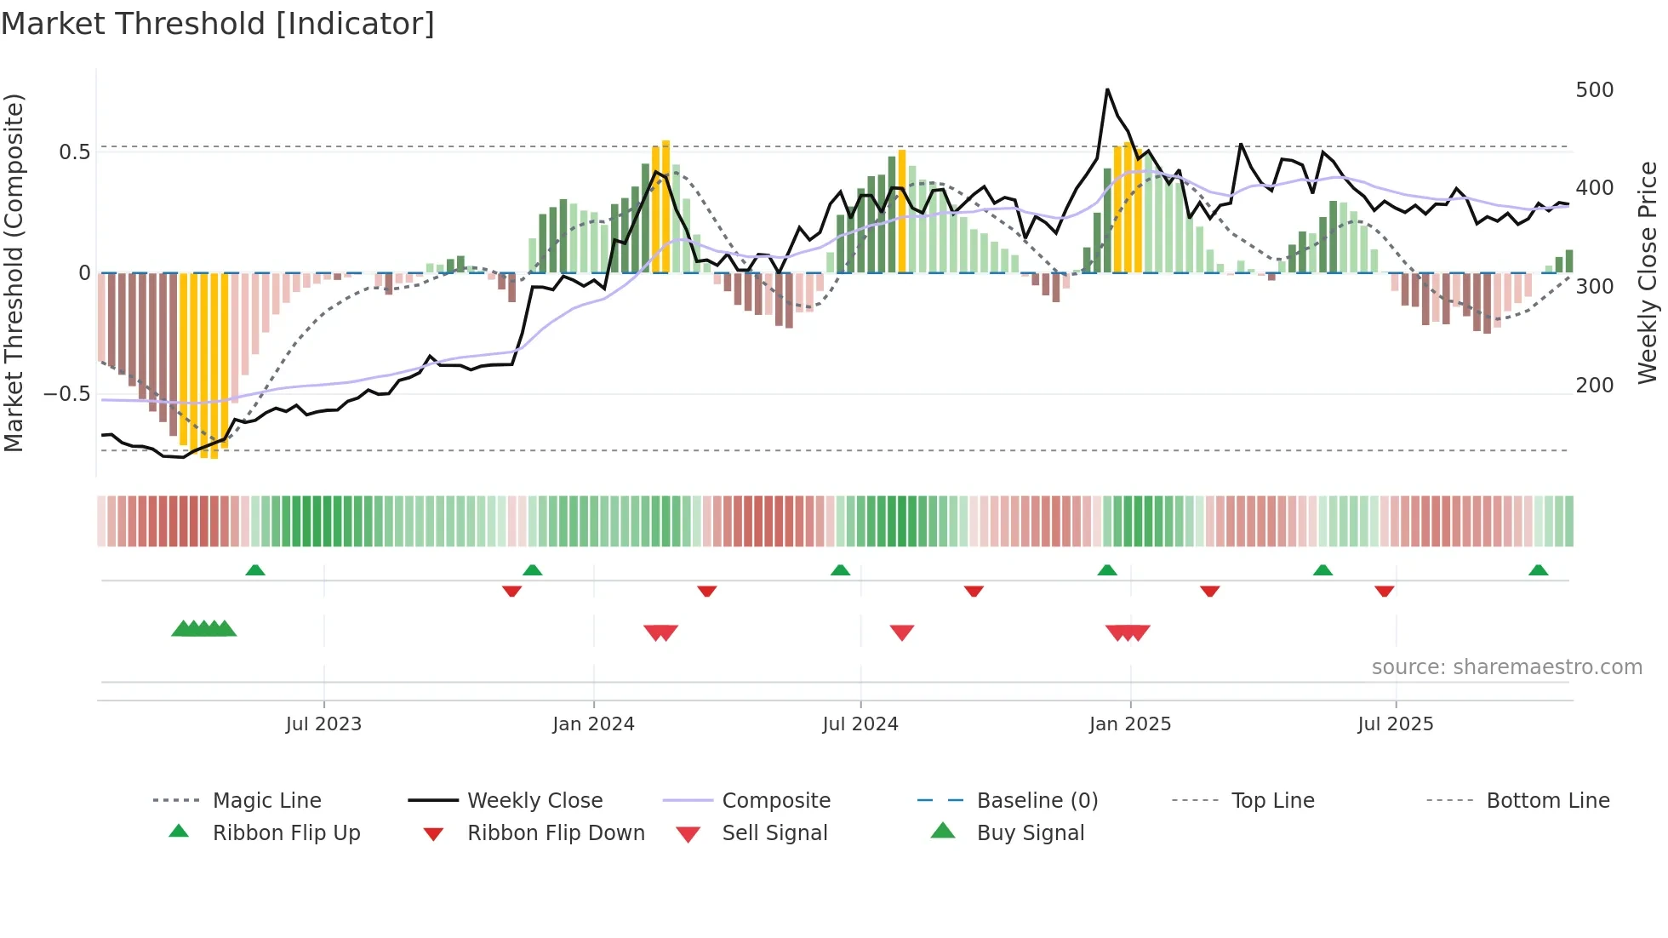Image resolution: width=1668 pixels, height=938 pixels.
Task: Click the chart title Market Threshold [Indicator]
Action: tap(218, 24)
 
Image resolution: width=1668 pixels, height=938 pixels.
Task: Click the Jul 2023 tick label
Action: tap(323, 724)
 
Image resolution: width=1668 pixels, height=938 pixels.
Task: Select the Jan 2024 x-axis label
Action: tap(593, 724)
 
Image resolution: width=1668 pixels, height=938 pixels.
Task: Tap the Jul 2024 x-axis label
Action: tap(860, 724)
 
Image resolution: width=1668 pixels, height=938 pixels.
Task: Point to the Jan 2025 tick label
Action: tap(1129, 724)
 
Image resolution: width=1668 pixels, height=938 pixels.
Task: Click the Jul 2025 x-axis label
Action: tap(1395, 724)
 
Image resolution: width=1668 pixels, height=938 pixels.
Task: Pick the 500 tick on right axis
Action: tap(1594, 90)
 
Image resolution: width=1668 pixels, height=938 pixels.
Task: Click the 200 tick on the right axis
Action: tap(1594, 386)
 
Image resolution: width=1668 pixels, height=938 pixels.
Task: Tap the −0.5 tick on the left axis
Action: tap(66, 394)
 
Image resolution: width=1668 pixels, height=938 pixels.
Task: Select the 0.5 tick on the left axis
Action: tap(74, 152)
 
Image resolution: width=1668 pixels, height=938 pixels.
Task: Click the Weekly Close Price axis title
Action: tap(1648, 272)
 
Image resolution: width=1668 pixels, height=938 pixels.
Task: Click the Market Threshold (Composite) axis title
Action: tap(14, 272)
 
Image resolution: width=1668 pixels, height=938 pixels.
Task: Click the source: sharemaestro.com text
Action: tap(1506, 667)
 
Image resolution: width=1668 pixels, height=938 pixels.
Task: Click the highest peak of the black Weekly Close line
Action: tap(1107, 89)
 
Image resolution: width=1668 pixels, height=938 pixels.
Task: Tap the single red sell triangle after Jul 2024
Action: tap(901, 632)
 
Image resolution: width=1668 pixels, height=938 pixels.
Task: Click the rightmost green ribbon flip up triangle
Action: tap(1538, 570)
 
